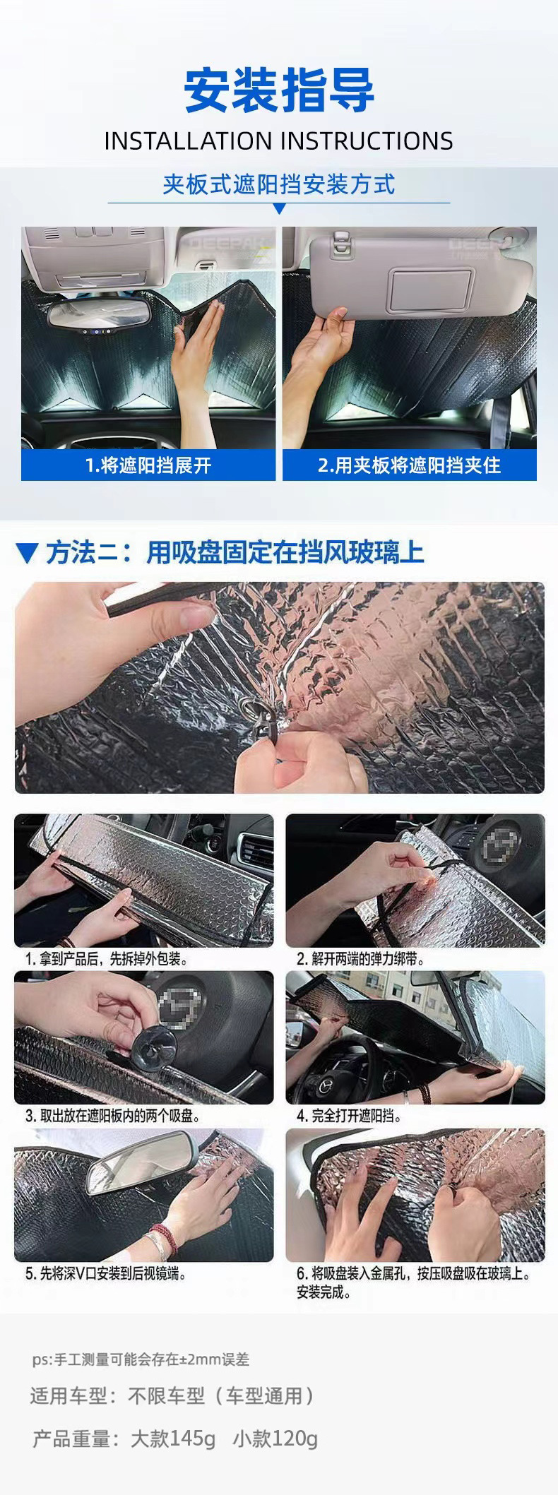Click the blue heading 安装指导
pyautogui.click(x=279, y=91)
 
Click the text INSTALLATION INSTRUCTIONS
pyautogui.click(x=279, y=141)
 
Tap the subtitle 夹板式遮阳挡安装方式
pyautogui.click(x=279, y=184)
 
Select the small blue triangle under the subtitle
pyautogui.click(x=279, y=208)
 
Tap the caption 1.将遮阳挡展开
pyautogui.click(x=148, y=465)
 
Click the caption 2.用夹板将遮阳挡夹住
pyautogui.click(x=409, y=465)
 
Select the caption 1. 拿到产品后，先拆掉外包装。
pyautogui.click(x=107, y=959)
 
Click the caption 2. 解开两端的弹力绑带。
pyautogui.click(x=361, y=959)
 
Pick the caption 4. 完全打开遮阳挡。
pyautogui.click(x=349, y=1116)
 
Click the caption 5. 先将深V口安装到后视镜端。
pyautogui.click(x=106, y=1274)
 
